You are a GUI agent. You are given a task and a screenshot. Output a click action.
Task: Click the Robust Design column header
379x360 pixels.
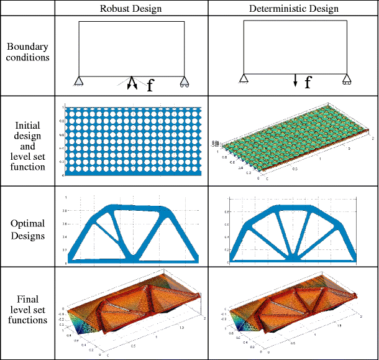pos(130,8)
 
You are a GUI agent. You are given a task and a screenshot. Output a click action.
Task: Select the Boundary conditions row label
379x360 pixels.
pos(28,52)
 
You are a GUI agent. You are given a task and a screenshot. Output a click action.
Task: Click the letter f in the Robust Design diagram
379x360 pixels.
pos(150,86)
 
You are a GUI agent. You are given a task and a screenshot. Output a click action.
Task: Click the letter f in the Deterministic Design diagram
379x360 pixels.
pos(308,83)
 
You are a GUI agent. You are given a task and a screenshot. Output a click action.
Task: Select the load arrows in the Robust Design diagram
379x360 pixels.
pos(132,83)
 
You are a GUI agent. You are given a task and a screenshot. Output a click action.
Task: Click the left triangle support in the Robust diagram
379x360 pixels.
pos(79,81)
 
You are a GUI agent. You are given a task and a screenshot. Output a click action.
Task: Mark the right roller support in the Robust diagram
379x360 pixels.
pos(184,81)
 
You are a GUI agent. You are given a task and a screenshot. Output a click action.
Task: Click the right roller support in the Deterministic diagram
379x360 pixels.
pos(346,79)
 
